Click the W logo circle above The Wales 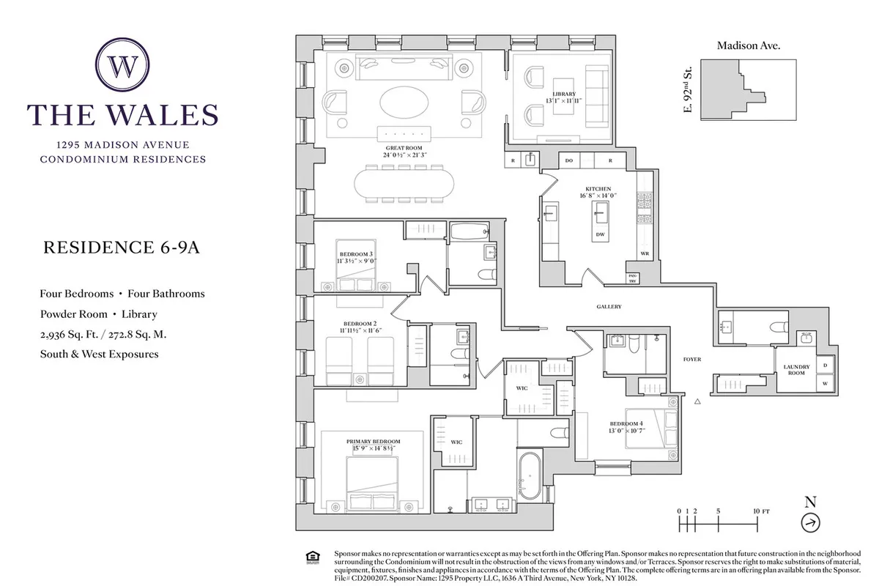(x=122, y=66)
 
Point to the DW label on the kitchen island (x=599, y=234)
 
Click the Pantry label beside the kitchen (x=631, y=278)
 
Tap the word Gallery (x=609, y=307)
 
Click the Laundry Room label (x=795, y=369)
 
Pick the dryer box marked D (x=826, y=365)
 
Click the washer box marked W (x=826, y=383)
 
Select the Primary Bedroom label (x=371, y=442)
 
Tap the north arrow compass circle (x=811, y=523)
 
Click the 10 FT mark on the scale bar (x=758, y=510)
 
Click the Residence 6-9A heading (x=122, y=248)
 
